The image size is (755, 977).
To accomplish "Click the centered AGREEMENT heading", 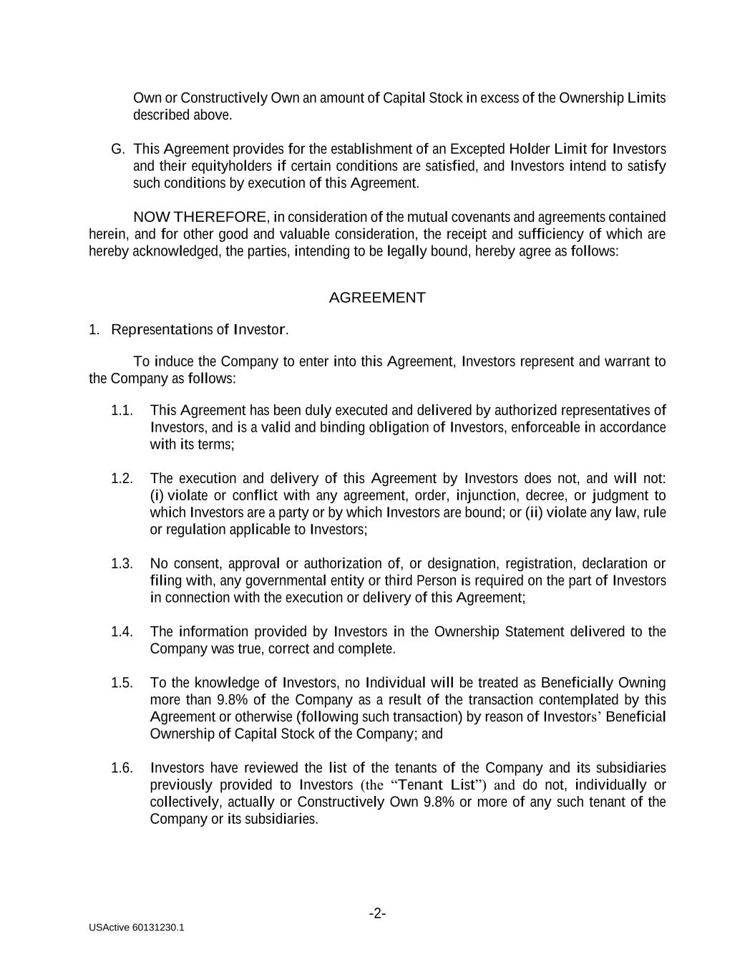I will (377, 298).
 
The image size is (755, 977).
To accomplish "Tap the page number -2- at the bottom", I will (377, 913).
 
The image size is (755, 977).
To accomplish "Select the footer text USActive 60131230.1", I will (137, 928).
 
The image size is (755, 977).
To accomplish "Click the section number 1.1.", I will (122, 410).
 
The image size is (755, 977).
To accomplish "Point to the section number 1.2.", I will (122, 478).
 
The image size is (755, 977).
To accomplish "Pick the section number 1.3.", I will (122, 563).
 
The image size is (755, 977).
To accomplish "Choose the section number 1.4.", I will (122, 631).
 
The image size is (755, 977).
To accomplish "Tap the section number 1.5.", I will (122, 683).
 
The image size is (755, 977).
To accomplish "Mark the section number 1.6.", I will (122, 768).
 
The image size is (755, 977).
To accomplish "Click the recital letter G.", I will (118, 149).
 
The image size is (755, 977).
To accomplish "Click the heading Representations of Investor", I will (199, 329).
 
